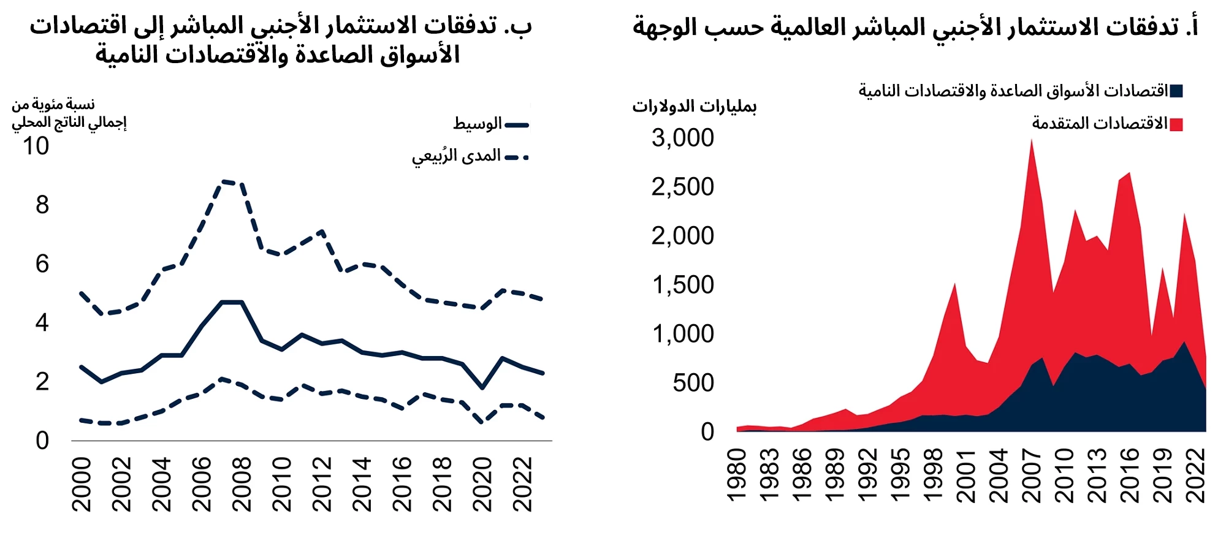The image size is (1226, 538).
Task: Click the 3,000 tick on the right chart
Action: click(x=682, y=138)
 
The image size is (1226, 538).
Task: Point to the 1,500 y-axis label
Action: click(x=682, y=285)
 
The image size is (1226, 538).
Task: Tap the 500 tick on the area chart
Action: click(x=693, y=383)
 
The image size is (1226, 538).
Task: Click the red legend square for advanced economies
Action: click(x=1176, y=125)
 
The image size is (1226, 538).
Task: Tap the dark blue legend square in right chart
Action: click(x=1176, y=92)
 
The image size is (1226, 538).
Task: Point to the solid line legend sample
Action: click(x=516, y=125)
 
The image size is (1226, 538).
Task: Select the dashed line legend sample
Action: click(x=516, y=157)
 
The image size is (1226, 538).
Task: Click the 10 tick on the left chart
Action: click(x=36, y=146)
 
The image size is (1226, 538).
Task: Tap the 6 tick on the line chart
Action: click(x=42, y=264)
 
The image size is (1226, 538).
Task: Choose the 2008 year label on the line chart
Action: click(x=242, y=484)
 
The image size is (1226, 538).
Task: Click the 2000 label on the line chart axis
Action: click(x=82, y=484)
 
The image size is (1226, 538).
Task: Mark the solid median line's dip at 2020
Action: click(x=482, y=387)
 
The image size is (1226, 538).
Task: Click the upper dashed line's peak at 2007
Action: click(x=222, y=181)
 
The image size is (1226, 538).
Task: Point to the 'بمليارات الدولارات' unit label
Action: click(x=695, y=107)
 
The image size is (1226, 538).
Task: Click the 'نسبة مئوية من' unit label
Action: click(x=53, y=105)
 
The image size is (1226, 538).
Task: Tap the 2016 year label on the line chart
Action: click(x=402, y=484)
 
